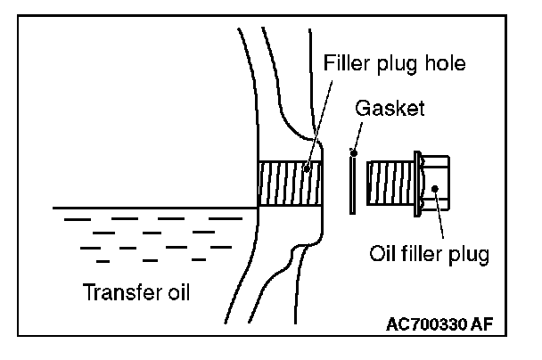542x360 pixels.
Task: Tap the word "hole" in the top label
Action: point(443,64)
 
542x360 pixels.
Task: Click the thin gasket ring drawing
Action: point(353,183)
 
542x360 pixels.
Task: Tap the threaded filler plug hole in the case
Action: point(287,184)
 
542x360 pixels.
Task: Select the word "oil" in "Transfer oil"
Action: point(178,292)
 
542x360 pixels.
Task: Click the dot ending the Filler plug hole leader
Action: point(306,167)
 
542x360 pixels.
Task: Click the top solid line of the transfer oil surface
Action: point(152,209)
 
